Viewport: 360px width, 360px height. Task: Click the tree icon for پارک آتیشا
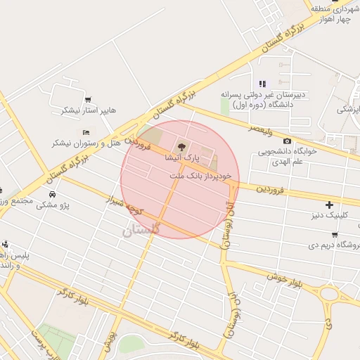tap(182, 147)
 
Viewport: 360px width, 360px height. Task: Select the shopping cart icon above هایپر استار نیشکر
tap(88, 100)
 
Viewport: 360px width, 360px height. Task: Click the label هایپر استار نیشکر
tap(89, 110)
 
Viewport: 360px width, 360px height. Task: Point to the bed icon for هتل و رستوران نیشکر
tap(86, 132)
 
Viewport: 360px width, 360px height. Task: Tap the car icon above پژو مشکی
tap(52, 194)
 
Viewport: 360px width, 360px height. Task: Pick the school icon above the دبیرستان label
tap(262, 84)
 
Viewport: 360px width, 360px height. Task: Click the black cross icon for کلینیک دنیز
tap(329, 205)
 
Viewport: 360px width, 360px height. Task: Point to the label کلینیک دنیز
tap(330, 216)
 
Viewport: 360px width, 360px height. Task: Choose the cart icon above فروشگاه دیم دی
tap(333, 236)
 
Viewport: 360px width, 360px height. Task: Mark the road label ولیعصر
tap(260, 129)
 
